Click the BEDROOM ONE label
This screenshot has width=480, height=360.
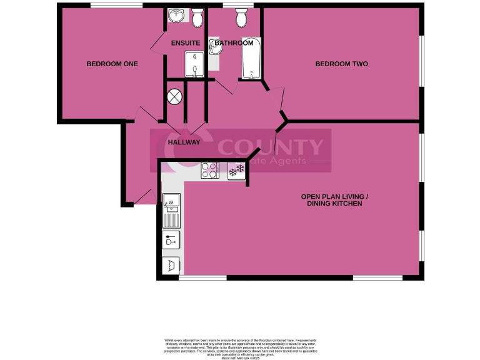pyautogui.click(x=112, y=64)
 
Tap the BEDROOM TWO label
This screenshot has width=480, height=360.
pyautogui.click(x=341, y=64)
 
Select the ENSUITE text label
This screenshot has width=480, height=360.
pyautogui.click(x=186, y=43)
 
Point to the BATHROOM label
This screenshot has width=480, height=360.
pyautogui.click(x=234, y=43)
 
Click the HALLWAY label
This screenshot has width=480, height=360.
pyautogui.click(x=184, y=142)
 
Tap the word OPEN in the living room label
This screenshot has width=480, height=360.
pyautogui.click(x=312, y=196)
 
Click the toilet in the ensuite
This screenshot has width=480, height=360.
pyautogui.click(x=197, y=19)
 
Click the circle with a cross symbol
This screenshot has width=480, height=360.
pyautogui.click(x=174, y=97)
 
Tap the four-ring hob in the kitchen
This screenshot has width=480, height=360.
pyautogui.click(x=209, y=170)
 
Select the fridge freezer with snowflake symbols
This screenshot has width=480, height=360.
pyautogui.click(x=236, y=170)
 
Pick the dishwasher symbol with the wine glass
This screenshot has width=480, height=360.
pyautogui.click(x=171, y=240)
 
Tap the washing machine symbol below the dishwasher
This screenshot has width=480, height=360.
pyautogui.click(x=171, y=265)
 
